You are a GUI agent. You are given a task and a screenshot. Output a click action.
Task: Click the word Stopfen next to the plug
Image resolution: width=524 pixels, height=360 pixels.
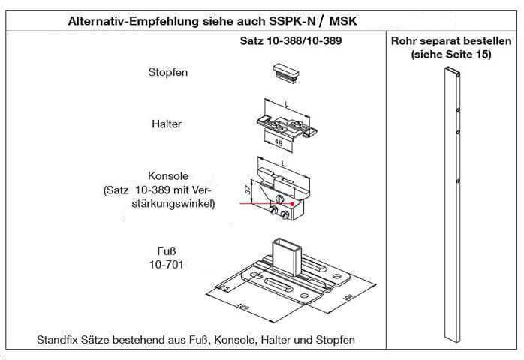[167, 72]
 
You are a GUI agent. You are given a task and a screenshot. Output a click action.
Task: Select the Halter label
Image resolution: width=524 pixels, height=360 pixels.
[167, 124]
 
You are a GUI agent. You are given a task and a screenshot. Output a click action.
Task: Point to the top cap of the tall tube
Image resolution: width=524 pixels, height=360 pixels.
[451, 70]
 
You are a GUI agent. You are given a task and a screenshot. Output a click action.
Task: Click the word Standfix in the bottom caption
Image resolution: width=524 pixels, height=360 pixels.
[58, 340]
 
